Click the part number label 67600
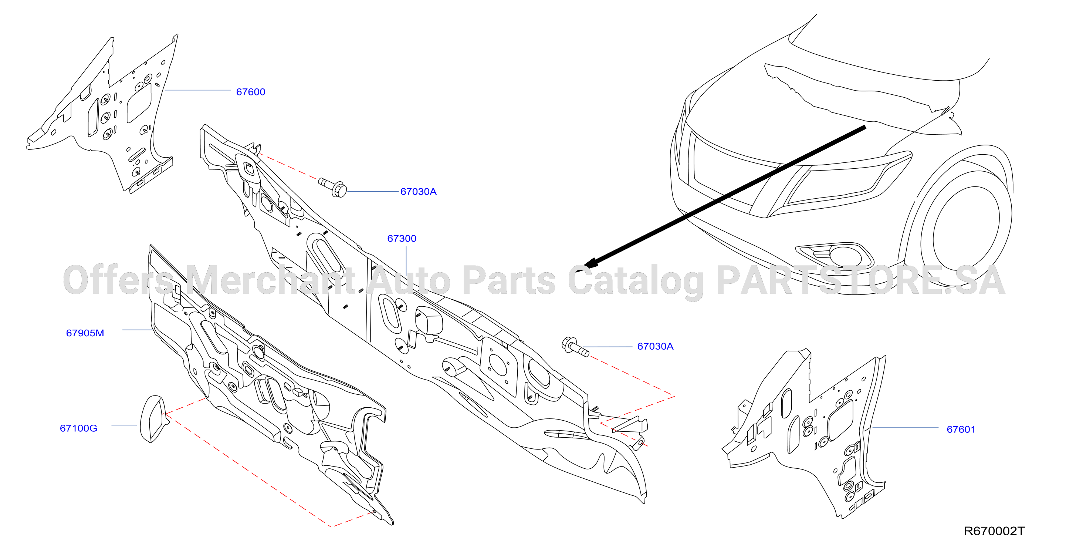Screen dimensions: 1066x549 tap(250, 92)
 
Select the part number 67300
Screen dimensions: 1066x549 tap(402, 239)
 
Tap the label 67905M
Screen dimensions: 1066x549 tap(85, 333)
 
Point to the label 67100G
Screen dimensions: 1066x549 tap(79, 428)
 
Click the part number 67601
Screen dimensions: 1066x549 tap(961, 430)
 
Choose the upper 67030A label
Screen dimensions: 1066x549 tap(418, 192)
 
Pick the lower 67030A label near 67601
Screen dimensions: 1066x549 tap(655, 346)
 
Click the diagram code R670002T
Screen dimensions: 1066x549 tap(994, 531)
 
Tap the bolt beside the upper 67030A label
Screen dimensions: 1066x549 tap(333, 187)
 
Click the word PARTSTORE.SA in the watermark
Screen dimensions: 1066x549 tap(861, 281)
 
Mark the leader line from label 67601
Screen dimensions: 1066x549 tap(905, 427)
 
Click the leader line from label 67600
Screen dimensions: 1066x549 tap(198, 90)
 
